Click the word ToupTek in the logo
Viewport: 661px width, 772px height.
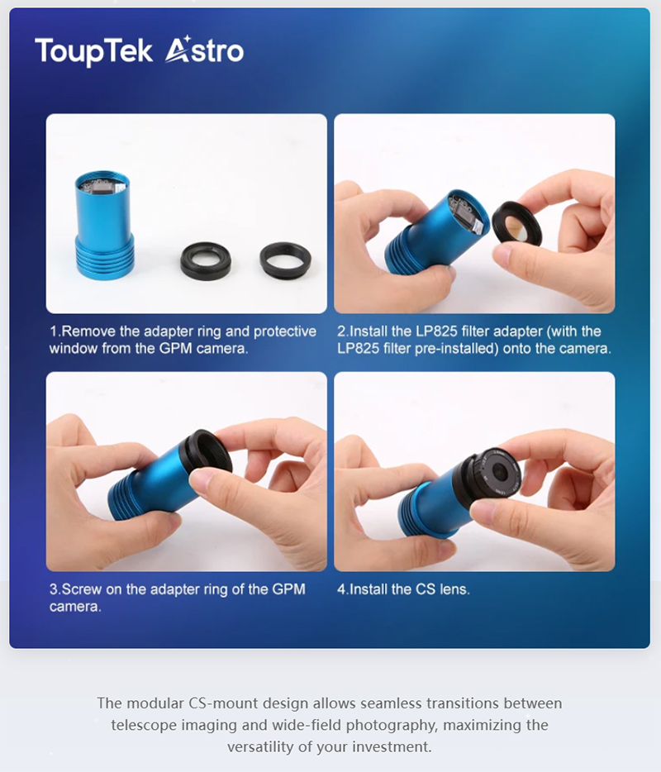(94, 51)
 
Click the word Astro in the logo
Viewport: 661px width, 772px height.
(204, 50)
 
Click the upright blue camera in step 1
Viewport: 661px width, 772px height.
(104, 225)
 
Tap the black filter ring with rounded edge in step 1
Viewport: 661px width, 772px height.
(205, 260)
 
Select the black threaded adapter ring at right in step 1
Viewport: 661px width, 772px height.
(285, 260)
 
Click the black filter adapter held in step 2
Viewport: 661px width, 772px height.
(516, 224)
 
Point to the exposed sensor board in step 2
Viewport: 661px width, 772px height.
(466, 213)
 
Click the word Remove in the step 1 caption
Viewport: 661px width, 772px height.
(88, 331)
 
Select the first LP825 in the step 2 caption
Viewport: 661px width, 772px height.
(436, 331)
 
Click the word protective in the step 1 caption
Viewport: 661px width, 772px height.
(285, 332)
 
